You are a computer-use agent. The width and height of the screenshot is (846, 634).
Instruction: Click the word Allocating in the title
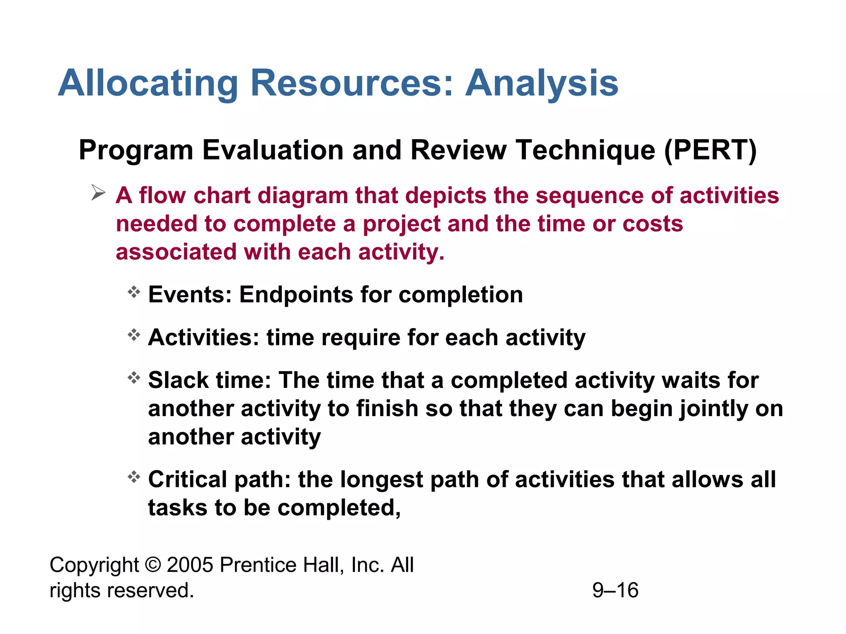pyautogui.click(x=148, y=83)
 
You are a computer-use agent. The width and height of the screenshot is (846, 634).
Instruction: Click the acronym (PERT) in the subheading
pyautogui.click(x=710, y=150)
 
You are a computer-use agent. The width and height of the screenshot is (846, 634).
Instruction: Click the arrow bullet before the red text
pyautogui.click(x=98, y=193)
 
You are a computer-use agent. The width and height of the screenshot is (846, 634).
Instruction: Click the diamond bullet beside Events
pyautogui.click(x=134, y=292)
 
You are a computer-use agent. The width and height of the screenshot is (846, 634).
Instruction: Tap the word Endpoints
pyautogui.click(x=296, y=295)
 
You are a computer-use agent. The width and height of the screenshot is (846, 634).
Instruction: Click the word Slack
pyautogui.click(x=178, y=380)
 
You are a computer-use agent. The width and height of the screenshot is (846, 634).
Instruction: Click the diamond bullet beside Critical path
pyautogui.click(x=134, y=477)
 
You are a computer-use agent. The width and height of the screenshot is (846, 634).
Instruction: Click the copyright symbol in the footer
pyautogui.click(x=153, y=565)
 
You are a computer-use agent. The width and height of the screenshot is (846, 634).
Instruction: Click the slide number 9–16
pyautogui.click(x=615, y=590)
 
